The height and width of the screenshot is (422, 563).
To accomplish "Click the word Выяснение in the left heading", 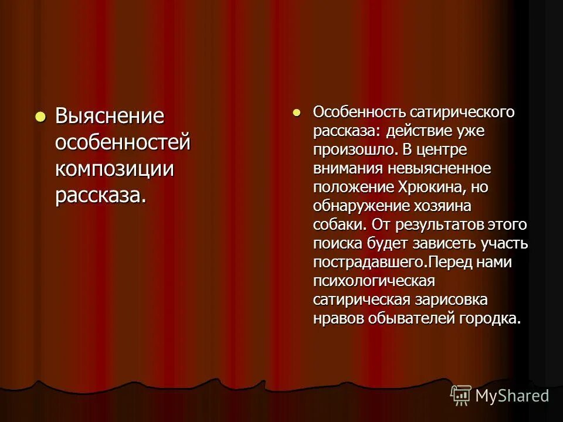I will tap(110, 116).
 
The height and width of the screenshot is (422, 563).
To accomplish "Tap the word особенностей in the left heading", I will tap(123, 142).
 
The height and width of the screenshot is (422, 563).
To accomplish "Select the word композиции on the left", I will tap(115, 169).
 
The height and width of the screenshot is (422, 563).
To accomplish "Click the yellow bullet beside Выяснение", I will tap(40, 115).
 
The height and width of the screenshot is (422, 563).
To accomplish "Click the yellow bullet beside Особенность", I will tap(297, 111).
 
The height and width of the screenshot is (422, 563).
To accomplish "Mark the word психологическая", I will tap(374, 281).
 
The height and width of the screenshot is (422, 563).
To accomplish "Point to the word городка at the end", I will tap(490, 318).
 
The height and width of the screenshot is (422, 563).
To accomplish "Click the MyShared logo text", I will tap(512, 396).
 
